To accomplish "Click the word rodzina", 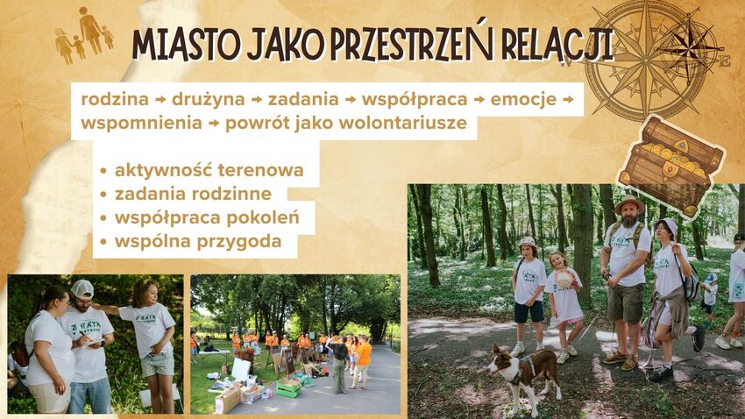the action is [x=115, y=100].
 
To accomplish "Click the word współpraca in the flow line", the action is [x=415, y=100].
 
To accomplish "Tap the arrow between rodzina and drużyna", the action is [x=160, y=100].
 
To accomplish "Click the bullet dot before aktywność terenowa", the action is [x=103, y=172].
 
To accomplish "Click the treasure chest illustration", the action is [x=670, y=167].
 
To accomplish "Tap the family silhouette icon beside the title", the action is [x=84, y=35].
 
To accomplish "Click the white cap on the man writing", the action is [x=82, y=289].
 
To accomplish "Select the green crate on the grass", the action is [x=289, y=388].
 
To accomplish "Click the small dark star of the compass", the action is [x=687, y=47].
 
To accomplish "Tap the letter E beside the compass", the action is [x=725, y=61].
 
